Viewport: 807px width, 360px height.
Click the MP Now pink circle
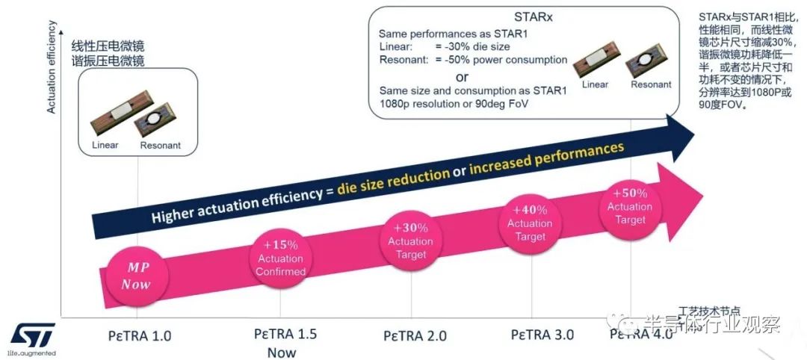(x=136, y=276)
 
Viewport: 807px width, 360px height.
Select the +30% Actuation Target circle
(x=410, y=240)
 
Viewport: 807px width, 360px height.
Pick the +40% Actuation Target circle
(x=530, y=223)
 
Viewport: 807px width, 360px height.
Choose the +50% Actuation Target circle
(x=630, y=206)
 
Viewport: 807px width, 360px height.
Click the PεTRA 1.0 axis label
(x=140, y=335)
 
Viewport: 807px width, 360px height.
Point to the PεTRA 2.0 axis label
(x=415, y=335)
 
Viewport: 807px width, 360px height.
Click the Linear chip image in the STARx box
(x=596, y=64)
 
